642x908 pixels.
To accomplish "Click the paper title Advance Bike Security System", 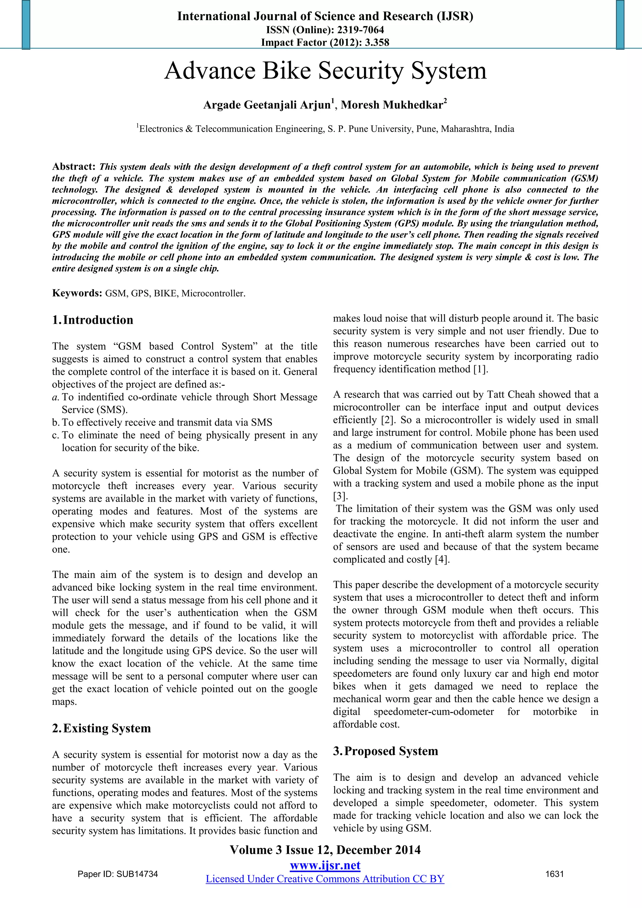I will (325, 71).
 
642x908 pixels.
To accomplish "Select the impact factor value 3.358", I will (377, 42).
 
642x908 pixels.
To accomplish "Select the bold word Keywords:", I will (77, 293).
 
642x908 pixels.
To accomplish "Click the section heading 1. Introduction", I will (93, 319).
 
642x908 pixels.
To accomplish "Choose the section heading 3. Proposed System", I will (386, 751).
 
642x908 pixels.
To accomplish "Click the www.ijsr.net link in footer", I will (325, 866).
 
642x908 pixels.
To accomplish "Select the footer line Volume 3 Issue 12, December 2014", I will (325, 850).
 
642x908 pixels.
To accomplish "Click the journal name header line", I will (325, 16).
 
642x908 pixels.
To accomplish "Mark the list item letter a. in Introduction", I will (56, 397).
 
